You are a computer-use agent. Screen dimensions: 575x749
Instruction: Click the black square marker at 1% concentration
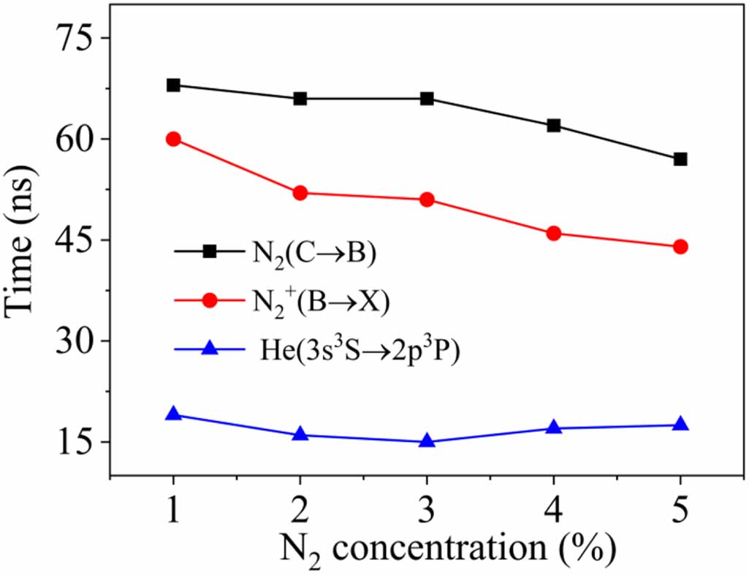coord(173,85)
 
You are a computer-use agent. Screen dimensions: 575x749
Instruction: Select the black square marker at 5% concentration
coord(680,159)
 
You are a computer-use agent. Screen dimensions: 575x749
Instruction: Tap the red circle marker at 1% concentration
coord(173,139)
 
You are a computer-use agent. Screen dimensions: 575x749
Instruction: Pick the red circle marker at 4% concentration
coord(554,233)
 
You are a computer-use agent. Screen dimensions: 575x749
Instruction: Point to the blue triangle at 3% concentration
coord(427,441)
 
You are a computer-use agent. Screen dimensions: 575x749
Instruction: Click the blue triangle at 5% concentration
coord(680,424)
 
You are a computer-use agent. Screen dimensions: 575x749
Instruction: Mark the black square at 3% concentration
coord(427,99)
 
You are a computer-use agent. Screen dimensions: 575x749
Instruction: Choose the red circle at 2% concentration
coord(300,193)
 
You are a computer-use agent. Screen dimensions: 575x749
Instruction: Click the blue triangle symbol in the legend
coord(209,349)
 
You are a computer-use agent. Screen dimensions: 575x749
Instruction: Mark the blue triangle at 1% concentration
coord(173,414)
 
